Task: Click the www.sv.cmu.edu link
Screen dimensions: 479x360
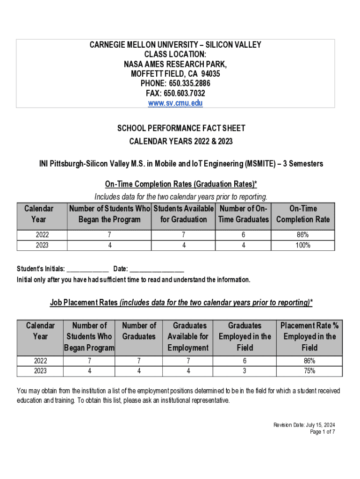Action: (x=175, y=103)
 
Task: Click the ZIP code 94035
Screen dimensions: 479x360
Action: (x=210, y=74)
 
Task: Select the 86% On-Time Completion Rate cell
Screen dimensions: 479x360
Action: (x=302, y=235)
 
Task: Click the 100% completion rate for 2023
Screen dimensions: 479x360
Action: (x=302, y=245)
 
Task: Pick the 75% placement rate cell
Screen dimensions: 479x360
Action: (x=309, y=371)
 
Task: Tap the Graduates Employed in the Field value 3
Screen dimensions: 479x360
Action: (x=245, y=371)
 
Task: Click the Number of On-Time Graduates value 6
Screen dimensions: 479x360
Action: (x=244, y=235)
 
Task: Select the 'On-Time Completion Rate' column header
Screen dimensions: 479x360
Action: (x=302, y=214)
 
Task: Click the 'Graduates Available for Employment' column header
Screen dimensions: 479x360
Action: (x=188, y=336)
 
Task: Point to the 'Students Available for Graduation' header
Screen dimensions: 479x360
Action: (x=183, y=214)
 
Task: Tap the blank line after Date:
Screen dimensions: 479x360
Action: (x=157, y=269)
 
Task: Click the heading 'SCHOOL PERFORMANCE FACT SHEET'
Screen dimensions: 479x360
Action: (x=181, y=128)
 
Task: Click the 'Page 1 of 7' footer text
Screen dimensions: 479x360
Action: (x=323, y=432)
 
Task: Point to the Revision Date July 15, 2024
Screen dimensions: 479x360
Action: (x=304, y=425)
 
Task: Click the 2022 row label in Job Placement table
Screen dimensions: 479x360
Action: (x=40, y=361)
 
